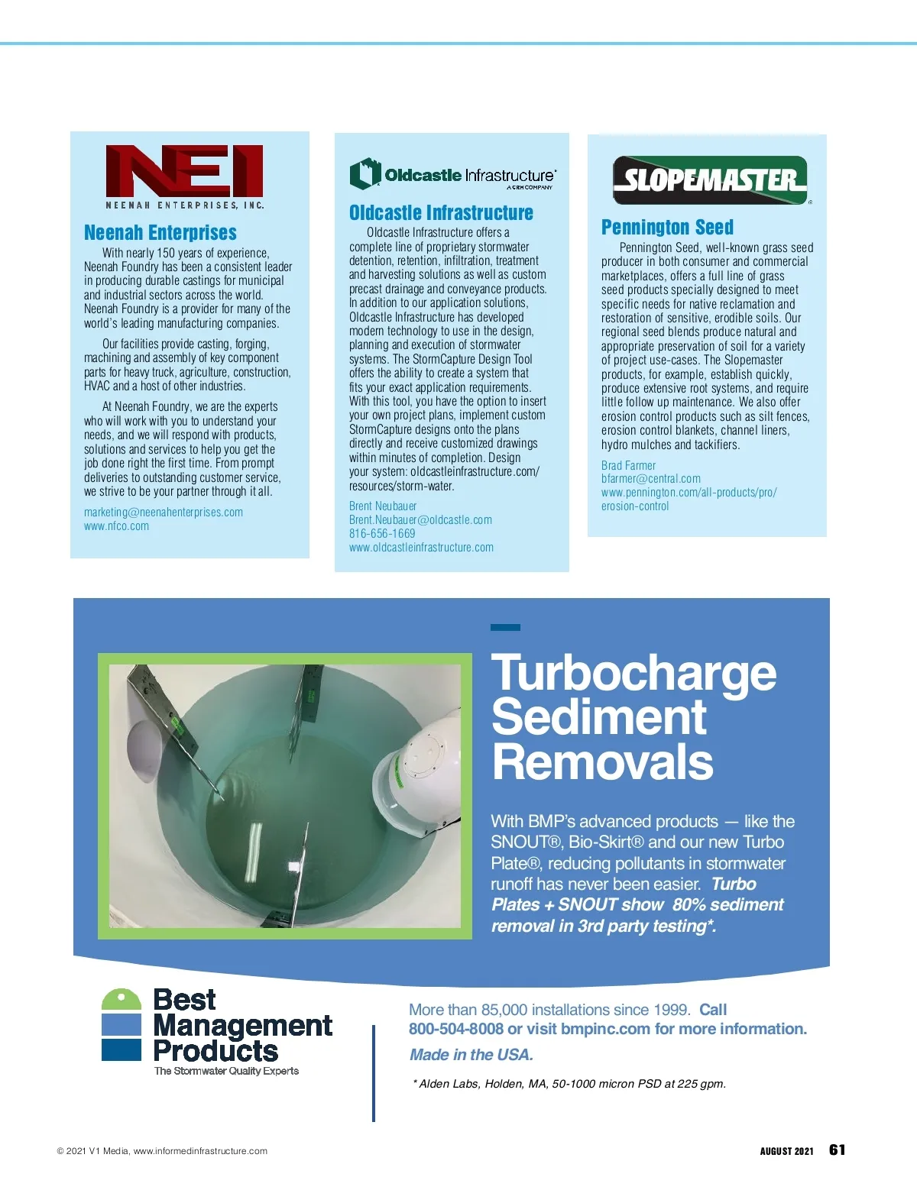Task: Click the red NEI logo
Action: coord(184,171)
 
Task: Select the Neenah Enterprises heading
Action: coord(160,233)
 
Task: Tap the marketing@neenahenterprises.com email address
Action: coord(164,513)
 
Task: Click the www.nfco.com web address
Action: coord(116,526)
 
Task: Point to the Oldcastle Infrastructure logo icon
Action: coord(365,173)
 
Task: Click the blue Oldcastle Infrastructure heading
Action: coord(441,213)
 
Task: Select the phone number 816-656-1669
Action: coord(382,534)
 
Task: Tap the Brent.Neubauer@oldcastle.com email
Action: coord(420,520)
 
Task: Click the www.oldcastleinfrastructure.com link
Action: coord(421,548)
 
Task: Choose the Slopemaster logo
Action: coord(710,180)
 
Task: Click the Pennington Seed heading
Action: coord(667,228)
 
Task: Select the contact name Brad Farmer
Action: coord(628,466)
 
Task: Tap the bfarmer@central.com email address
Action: coord(650,479)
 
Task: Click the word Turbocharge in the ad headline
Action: coord(633,673)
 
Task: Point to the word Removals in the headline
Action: coord(602,762)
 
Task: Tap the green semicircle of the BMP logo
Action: coord(122,1000)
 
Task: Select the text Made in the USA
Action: coord(471,1055)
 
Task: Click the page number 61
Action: coord(837,1150)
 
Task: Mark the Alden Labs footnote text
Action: coord(569,1084)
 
